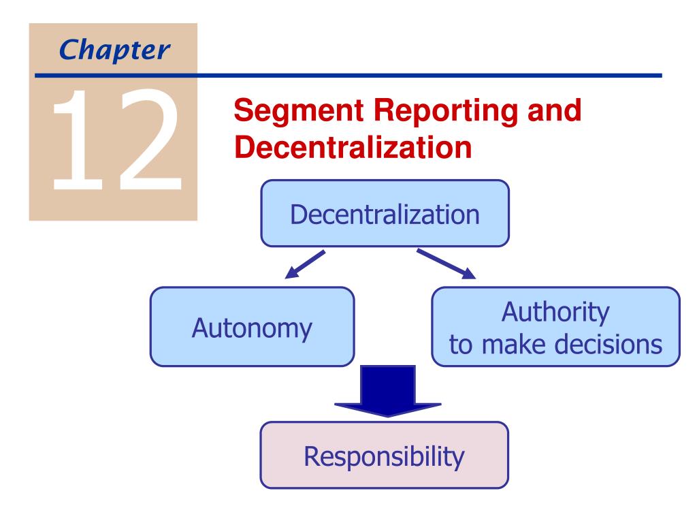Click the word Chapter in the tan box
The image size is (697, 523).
(114, 50)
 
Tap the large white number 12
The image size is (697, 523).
(117, 139)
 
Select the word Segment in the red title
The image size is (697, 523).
(299, 111)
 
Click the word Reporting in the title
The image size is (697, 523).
(446, 111)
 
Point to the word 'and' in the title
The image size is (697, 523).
(554, 110)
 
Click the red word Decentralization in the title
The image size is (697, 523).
(353, 147)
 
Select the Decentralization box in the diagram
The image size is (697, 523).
(385, 213)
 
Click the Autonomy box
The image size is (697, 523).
(252, 327)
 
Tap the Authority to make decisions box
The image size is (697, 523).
(555, 327)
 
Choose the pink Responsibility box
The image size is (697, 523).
(385, 455)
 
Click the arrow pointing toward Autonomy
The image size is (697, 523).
(305, 265)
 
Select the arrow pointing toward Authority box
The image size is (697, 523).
(447, 264)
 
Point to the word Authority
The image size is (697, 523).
(555, 312)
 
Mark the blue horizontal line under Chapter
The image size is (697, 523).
(348, 76)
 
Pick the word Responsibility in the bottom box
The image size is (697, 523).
(384, 457)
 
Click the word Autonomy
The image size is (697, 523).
(252, 329)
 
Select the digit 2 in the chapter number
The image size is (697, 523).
(150, 139)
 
